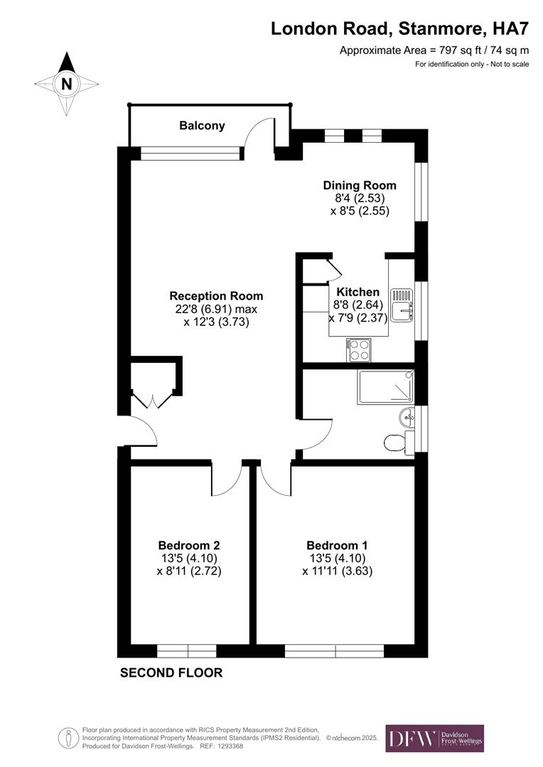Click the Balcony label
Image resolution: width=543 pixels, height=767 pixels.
202,126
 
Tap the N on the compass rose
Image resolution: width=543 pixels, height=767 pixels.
66,84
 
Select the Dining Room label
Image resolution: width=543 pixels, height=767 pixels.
359,185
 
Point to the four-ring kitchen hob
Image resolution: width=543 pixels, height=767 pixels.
359,349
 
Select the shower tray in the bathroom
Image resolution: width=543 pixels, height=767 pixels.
386,386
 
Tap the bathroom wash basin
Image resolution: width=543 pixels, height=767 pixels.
407,416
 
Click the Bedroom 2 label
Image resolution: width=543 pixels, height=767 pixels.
188,545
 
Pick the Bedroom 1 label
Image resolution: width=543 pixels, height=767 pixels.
337,545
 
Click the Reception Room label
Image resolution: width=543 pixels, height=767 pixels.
216,296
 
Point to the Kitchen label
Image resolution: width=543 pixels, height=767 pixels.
358,292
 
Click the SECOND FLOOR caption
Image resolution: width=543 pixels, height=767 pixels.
171,673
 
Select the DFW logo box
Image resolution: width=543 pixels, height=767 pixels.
434,738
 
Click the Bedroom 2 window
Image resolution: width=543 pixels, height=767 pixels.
186,651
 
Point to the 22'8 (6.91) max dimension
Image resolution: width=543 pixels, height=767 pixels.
216,309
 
